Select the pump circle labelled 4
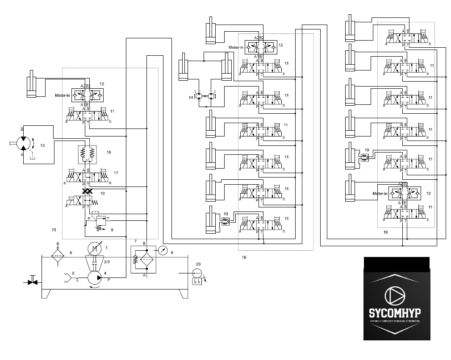[94, 277]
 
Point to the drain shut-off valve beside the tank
[32, 282]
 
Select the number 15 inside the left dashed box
[54, 230]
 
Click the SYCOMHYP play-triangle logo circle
[396, 295]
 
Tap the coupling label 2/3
[107, 262]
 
